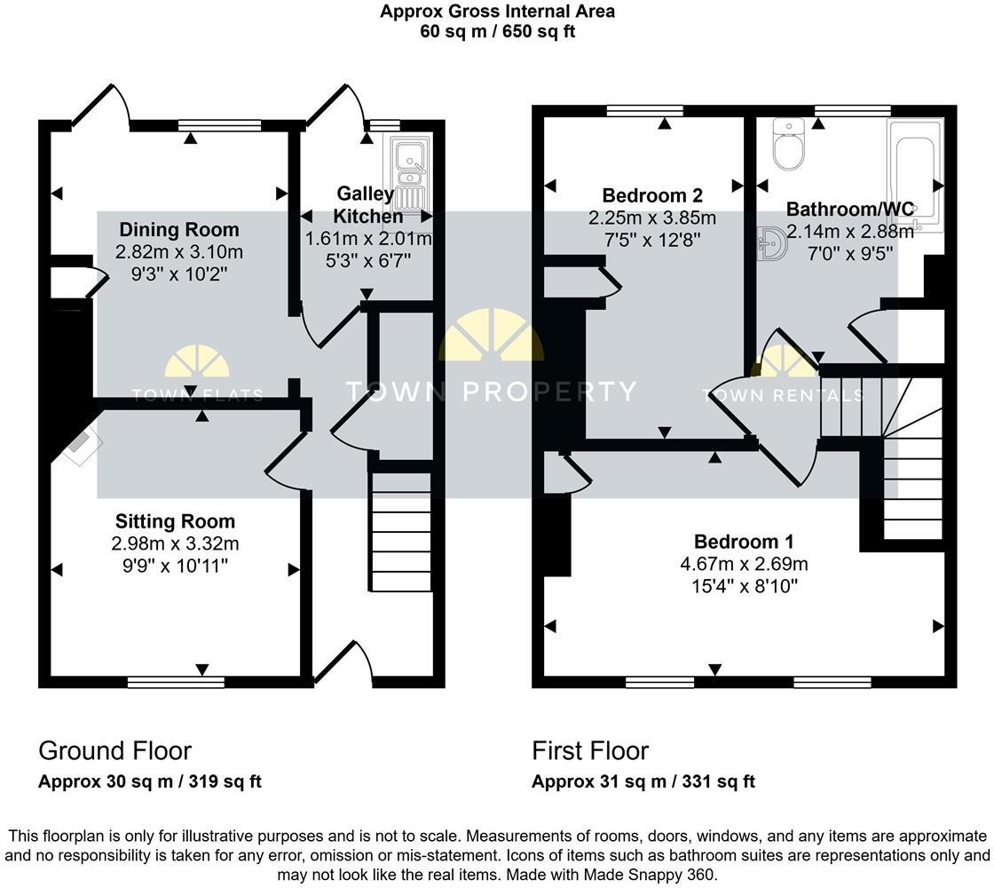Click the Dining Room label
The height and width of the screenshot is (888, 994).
pos(179,230)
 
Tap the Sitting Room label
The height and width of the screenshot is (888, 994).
pos(176,521)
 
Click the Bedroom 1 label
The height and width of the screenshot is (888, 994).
pos(744,542)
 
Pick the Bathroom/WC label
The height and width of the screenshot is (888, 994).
pos(849,210)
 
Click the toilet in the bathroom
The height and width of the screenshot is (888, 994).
pos(788,145)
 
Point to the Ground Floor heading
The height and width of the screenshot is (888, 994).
pos(114,751)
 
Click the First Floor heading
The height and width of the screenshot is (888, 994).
pos(590,751)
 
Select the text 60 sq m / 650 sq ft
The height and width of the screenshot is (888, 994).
pos(497,30)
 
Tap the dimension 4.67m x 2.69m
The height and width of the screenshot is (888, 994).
pos(744,564)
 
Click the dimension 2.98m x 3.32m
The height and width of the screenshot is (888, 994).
pos(176,543)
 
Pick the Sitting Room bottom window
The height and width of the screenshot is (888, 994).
pos(176,682)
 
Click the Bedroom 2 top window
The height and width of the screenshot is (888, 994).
pos(645,111)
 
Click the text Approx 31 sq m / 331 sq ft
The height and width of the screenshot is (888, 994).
pos(643,782)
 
